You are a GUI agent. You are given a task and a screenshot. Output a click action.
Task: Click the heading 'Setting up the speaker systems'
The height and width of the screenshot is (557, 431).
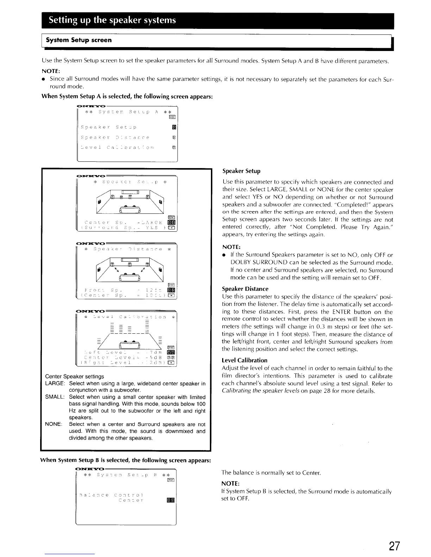[x=112, y=20]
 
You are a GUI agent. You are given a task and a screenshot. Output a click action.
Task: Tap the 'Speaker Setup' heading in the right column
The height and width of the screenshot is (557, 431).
[x=241, y=171]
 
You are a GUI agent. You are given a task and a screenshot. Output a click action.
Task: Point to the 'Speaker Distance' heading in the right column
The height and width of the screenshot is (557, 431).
[x=245, y=289]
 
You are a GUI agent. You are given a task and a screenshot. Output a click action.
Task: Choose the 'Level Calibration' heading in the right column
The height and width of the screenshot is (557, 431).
[x=244, y=360]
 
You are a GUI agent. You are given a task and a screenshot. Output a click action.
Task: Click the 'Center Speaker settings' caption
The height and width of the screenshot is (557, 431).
[x=74, y=376]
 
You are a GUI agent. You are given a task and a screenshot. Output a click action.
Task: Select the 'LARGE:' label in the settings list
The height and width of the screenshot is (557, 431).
[x=55, y=383]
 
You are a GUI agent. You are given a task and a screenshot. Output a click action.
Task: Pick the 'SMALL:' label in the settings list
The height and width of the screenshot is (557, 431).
[x=55, y=397]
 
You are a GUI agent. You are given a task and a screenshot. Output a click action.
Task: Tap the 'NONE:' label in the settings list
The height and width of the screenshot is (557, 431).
[x=54, y=424]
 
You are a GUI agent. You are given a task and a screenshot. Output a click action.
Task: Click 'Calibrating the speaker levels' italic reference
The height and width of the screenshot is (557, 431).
[x=260, y=391]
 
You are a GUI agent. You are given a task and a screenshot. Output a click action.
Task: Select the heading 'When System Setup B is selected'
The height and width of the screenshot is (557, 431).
[x=126, y=460]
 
